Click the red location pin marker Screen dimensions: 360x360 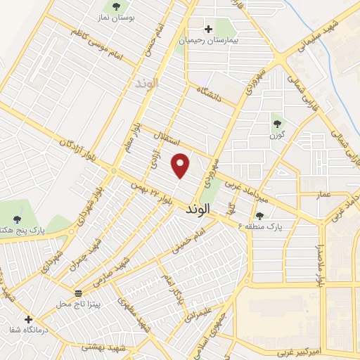point(181,165)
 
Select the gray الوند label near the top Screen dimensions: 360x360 point(148,83)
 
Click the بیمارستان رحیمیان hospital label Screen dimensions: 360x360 point(208,41)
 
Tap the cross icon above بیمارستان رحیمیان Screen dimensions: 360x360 point(208,30)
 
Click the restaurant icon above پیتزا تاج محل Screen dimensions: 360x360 point(78,293)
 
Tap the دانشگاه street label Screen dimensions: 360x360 point(210,94)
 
